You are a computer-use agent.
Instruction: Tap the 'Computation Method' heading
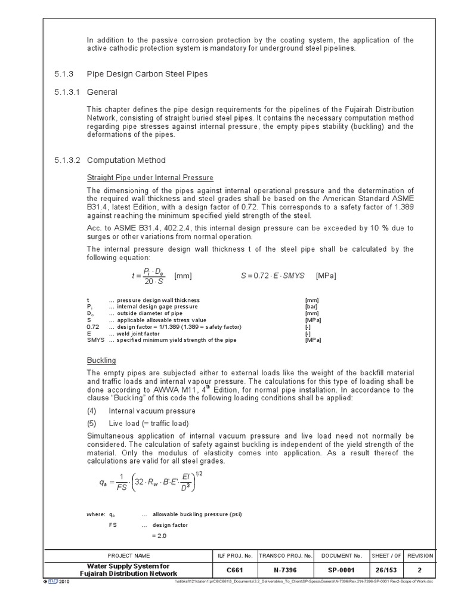pos(126,161)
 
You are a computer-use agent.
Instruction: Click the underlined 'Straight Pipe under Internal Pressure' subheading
pos(150,178)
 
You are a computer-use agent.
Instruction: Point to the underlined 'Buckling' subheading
pos(101,360)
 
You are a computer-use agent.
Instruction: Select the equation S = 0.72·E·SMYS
pos(273,276)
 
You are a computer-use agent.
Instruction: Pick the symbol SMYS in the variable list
pos(95,340)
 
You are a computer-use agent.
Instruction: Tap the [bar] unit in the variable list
pos(312,307)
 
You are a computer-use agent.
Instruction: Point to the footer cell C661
pos(236,570)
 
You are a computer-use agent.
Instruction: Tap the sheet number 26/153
pos(386,570)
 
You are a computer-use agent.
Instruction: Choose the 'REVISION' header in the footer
pos(420,556)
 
